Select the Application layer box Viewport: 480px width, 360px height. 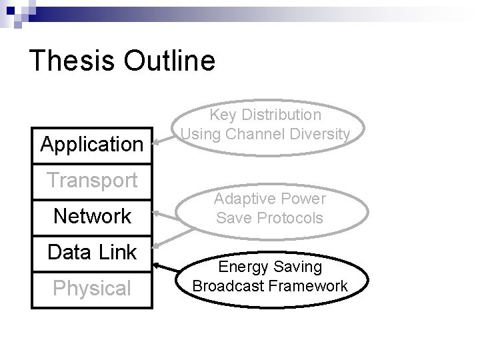92,144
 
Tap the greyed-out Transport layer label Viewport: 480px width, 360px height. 92,180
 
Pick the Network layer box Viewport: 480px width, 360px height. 92,217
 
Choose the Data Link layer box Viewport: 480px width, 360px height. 92,253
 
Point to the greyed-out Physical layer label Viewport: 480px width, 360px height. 92,289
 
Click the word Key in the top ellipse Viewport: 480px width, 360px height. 224,115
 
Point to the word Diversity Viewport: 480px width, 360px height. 318,134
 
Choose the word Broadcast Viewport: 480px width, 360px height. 227,286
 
